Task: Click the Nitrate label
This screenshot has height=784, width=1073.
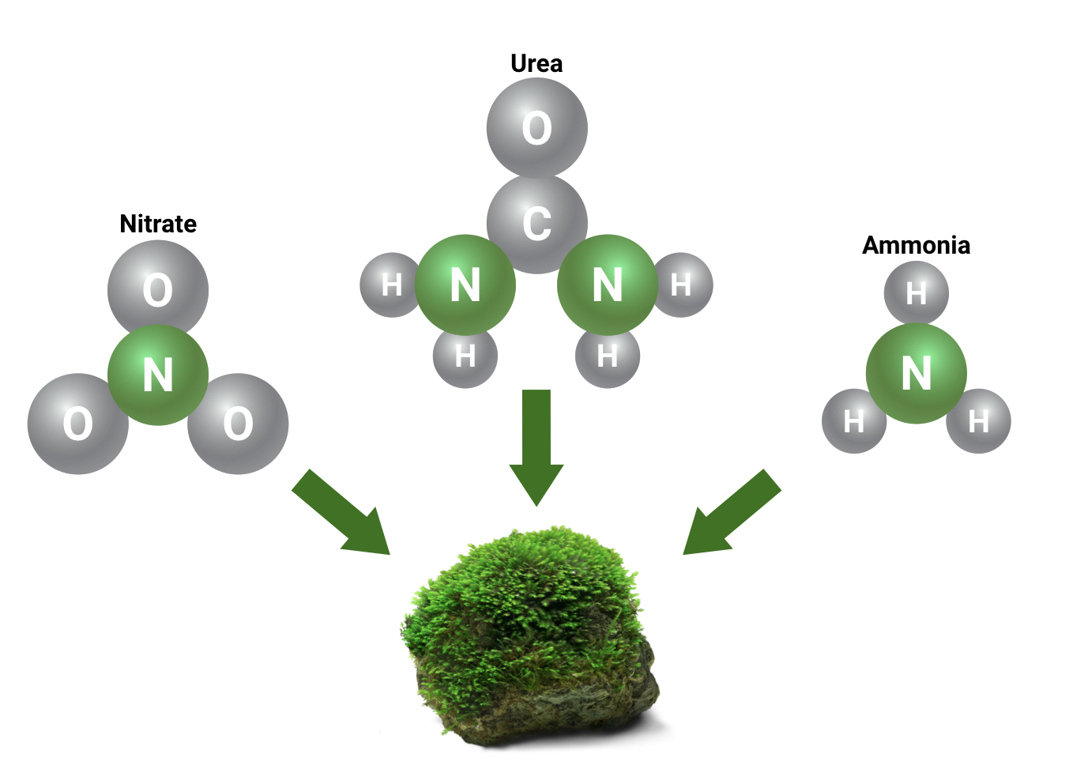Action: coord(158,224)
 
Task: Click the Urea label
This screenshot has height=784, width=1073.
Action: coord(536,64)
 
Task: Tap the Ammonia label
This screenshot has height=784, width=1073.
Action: coord(916,246)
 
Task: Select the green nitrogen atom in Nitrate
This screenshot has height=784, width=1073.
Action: coord(158,375)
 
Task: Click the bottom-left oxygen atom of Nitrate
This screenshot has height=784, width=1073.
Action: coord(77,424)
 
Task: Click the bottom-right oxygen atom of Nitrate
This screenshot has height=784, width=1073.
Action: coord(238,424)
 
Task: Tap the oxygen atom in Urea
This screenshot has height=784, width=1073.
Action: coord(536,128)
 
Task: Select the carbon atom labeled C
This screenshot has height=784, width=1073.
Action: coord(536,223)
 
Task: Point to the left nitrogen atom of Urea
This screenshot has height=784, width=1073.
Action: coord(465,285)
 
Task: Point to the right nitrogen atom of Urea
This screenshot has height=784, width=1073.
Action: coord(607,285)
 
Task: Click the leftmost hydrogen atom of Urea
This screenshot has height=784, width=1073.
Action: coord(390,285)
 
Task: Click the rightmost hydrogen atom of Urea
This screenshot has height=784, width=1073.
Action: coord(682,285)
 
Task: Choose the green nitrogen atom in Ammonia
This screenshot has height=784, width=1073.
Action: coord(916,373)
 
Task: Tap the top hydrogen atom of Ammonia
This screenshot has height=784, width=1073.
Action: coord(916,293)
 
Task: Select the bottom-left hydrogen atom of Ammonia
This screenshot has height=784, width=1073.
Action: coord(853,421)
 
